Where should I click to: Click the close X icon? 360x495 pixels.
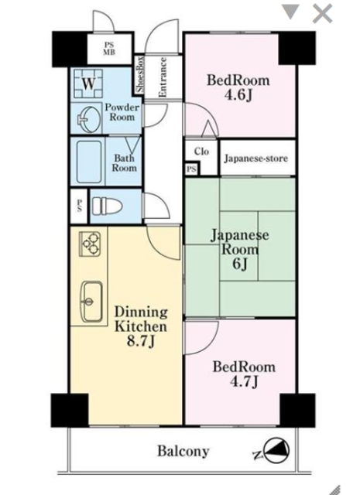322,14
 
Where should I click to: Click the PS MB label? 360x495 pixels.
108,49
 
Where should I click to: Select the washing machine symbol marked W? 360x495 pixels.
88,84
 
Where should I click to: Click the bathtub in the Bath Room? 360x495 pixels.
90,162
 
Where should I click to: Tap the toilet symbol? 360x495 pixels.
107,206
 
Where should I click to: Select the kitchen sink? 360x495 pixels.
91,302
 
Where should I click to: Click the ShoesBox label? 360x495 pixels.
139,74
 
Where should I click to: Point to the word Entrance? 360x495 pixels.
162,77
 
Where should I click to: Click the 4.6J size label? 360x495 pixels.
238,94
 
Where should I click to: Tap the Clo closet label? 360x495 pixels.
201,152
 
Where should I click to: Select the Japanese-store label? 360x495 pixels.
256,158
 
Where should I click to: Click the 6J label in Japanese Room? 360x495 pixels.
239,264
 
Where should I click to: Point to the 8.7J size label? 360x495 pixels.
141,341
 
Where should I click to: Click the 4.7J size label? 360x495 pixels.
244,381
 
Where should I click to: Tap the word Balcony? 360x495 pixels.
183,451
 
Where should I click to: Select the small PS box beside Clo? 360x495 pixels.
191,169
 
